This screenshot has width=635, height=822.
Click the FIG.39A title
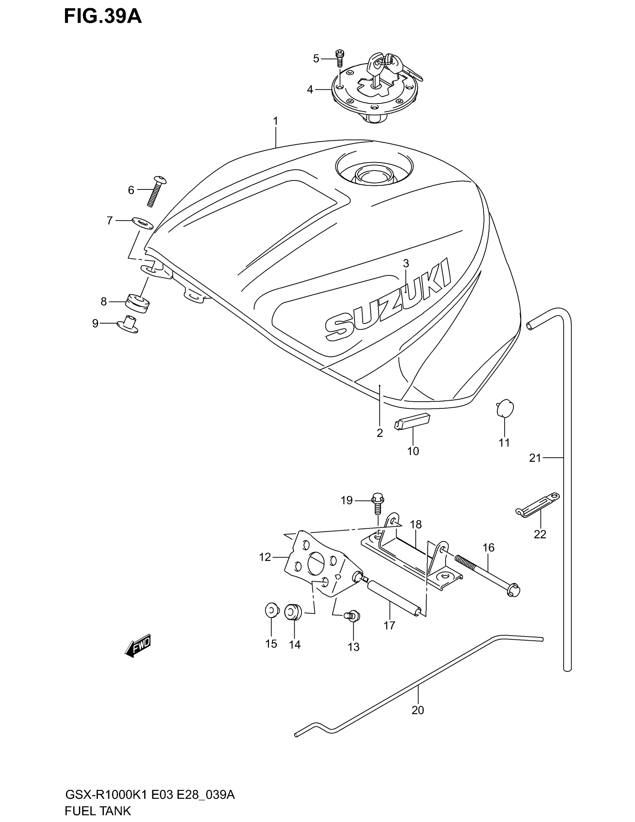click(x=103, y=17)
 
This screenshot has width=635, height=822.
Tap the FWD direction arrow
click(x=138, y=647)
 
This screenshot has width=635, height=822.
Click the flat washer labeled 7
click(x=142, y=223)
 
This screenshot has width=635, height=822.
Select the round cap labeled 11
click(x=505, y=408)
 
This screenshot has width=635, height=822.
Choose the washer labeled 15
click(x=271, y=611)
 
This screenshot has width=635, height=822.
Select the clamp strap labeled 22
click(x=537, y=505)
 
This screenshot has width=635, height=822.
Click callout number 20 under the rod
click(x=418, y=710)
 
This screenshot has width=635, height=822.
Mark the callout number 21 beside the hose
click(x=535, y=458)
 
